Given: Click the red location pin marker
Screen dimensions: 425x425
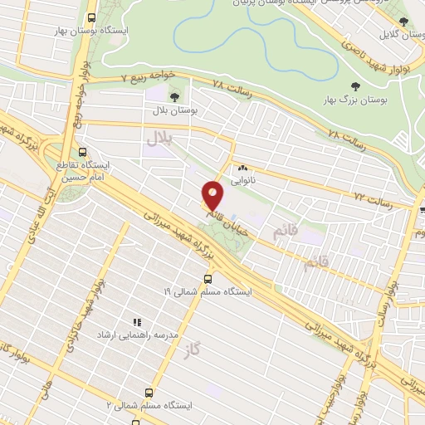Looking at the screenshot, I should coord(213,195).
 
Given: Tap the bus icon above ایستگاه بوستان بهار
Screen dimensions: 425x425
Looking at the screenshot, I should coord(91,17).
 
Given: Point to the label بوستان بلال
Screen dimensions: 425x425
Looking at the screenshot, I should coord(173,109).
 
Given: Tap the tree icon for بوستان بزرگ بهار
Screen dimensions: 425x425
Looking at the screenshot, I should coord(355,86).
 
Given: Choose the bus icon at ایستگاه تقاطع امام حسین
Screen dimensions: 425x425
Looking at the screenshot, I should coord(82,152).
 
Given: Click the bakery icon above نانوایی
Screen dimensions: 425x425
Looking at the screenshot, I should coord(242,168).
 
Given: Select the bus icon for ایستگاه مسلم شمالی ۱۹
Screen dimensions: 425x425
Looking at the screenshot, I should coord(207,278).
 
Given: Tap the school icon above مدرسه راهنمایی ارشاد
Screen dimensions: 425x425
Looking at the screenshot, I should coord(137,322).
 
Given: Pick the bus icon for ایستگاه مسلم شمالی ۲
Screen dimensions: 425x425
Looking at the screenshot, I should coord(149,391).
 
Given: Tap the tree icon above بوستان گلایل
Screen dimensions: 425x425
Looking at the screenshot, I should coord(403,22).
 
